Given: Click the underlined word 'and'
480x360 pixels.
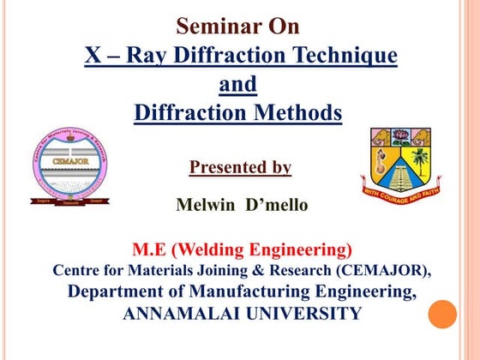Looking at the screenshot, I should (238, 85).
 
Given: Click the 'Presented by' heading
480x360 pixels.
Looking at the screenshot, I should (240, 167).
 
